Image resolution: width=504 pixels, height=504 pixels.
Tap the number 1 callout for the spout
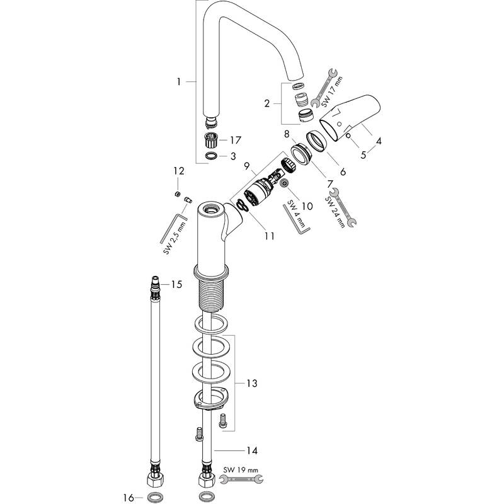(179, 81)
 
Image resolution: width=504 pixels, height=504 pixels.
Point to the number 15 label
(177, 285)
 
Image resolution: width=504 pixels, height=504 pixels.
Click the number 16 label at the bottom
(128, 498)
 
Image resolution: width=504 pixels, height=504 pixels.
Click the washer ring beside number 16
(153, 498)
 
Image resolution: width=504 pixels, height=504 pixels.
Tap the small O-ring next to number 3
(212, 155)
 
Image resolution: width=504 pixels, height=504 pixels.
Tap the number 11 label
(269, 236)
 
